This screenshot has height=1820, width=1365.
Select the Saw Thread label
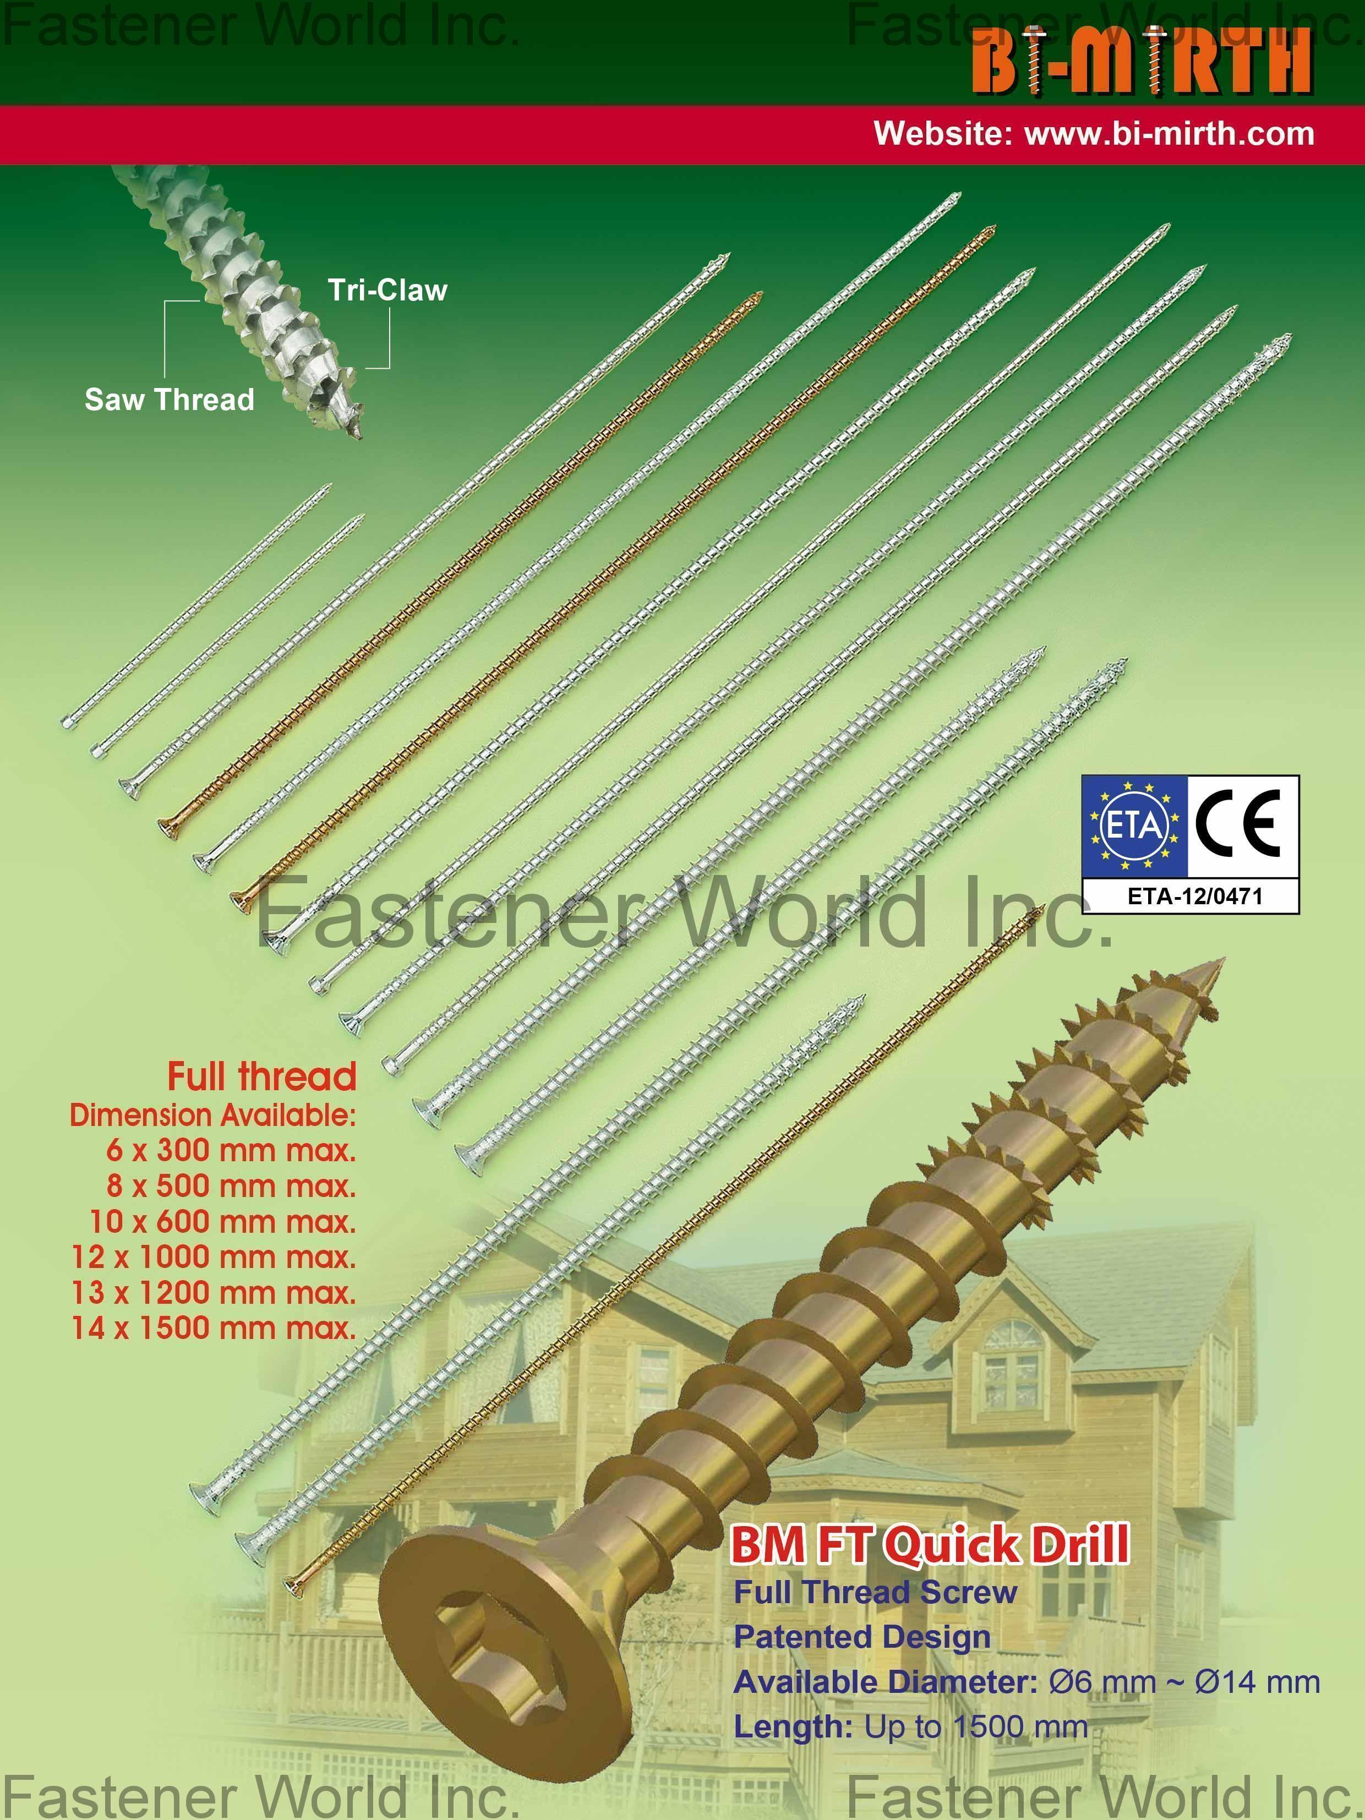click(x=170, y=400)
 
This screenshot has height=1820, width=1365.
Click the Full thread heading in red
click(x=261, y=1076)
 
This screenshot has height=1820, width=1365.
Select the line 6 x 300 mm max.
click(x=231, y=1150)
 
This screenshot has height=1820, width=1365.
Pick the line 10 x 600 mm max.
click(x=222, y=1221)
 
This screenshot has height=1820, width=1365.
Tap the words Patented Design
click(x=862, y=1637)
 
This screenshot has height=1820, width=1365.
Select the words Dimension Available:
click(x=213, y=1115)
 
